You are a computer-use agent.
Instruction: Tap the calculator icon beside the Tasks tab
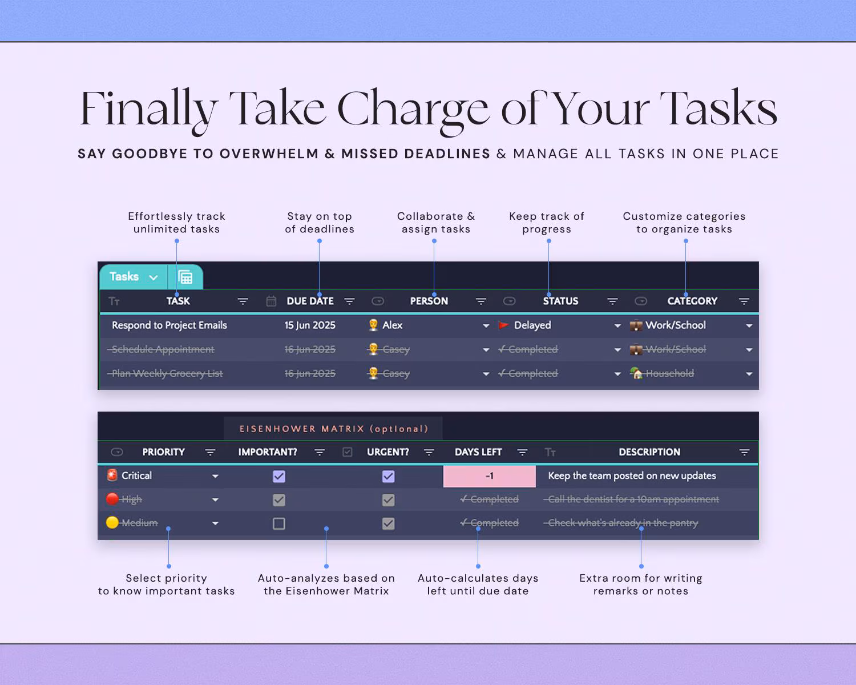(185, 277)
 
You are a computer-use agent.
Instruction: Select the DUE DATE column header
(310, 301)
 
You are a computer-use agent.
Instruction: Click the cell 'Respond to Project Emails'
(169, 325)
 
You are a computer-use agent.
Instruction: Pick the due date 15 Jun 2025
(310, 325)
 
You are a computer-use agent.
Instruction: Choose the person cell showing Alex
(392, 325)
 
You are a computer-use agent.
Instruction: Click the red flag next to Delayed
(503, 325)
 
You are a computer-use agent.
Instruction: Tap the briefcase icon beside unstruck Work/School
(636, 325)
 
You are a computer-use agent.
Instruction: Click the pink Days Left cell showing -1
(489, 476)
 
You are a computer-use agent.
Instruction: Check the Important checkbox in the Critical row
(279, 476)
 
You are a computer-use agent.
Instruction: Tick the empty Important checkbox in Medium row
(279, 523)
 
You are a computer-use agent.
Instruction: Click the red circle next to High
(112, 499)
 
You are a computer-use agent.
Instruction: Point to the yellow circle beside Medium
(112, 523)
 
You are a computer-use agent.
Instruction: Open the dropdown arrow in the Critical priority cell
(215, 476)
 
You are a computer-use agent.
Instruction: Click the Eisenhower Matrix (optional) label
(333, 429)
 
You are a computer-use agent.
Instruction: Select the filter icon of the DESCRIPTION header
(744, 452)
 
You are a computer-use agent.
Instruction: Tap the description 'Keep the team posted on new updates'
(632, 476)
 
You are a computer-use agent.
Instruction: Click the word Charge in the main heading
(413, 108)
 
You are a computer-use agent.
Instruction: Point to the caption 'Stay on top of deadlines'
(320, 223)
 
